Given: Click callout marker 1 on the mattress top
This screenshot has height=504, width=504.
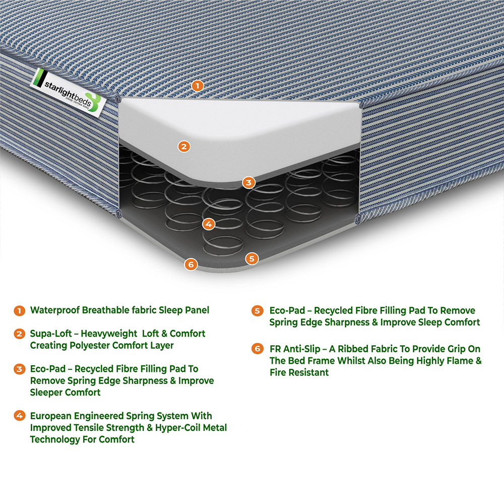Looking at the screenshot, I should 198,86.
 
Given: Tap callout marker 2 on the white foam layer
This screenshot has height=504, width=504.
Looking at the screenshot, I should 184,147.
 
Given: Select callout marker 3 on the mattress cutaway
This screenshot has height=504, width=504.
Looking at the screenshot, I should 248,182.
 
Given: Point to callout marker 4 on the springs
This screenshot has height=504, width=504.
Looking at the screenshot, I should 208,224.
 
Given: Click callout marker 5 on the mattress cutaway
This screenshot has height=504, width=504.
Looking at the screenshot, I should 251,259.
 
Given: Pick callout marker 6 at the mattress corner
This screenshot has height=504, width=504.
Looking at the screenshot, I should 190,264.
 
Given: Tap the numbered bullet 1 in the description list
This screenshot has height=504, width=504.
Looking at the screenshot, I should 19,310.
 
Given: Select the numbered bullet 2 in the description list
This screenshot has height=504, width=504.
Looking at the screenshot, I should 19,334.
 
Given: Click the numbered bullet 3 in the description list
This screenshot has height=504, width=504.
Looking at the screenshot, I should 19,369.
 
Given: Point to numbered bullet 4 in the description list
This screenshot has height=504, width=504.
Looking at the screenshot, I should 19,416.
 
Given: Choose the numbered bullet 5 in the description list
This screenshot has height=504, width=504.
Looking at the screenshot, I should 257,310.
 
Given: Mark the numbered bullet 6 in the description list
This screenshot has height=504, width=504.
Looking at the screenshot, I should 257,349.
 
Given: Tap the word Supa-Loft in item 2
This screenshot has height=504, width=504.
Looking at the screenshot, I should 50,334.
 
